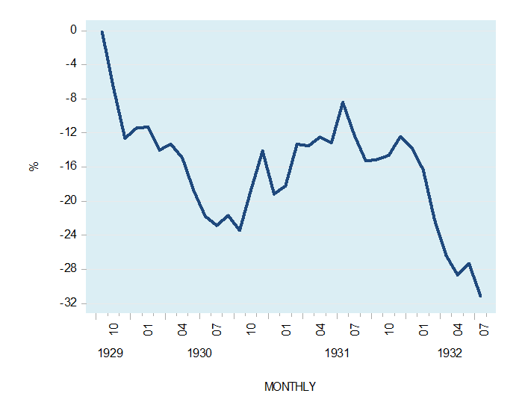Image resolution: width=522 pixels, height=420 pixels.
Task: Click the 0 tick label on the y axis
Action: [x=73, y=31]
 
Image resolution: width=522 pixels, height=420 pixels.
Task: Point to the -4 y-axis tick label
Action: [x=71, y=64]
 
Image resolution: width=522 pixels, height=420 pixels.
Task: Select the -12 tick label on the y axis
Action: [x=69, y=133]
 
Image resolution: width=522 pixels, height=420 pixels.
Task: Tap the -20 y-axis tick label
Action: [x=69, y=201]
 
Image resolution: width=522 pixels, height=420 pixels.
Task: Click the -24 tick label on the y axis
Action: [x=69, y=235]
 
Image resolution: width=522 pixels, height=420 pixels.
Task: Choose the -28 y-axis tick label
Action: [x=69, y=269]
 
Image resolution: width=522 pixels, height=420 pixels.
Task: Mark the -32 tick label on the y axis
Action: [x=69, y=303]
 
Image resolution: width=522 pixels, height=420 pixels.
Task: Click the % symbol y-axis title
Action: [x=34, y=167]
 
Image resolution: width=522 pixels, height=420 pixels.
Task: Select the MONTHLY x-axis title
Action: [x=290, y=387]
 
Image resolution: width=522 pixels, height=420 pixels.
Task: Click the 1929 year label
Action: [x=111, y=353]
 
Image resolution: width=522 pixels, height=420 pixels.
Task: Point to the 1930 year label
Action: [x=199, y=353]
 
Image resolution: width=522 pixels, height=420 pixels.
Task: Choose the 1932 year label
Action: [x=450, y=353]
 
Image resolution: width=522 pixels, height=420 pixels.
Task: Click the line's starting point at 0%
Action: [x=102, y=31]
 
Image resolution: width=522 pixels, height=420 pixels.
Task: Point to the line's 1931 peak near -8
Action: [x=343, y=102]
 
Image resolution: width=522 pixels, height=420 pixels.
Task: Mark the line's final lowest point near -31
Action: [x=480, y=296]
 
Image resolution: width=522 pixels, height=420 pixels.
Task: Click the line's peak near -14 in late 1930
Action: [x=263, y=150]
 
